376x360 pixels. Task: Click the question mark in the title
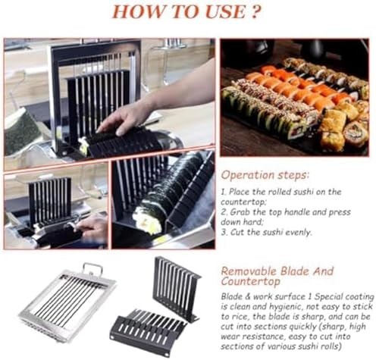click(255, 12)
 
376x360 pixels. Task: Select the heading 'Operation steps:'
click(265, 175)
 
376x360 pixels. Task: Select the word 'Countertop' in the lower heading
click(251, 281)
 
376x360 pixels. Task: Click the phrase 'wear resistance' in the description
click(252, 337)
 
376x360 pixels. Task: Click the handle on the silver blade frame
click(93, 269)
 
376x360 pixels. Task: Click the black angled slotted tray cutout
click(149, 331)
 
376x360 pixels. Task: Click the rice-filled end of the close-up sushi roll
click(147, 221)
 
